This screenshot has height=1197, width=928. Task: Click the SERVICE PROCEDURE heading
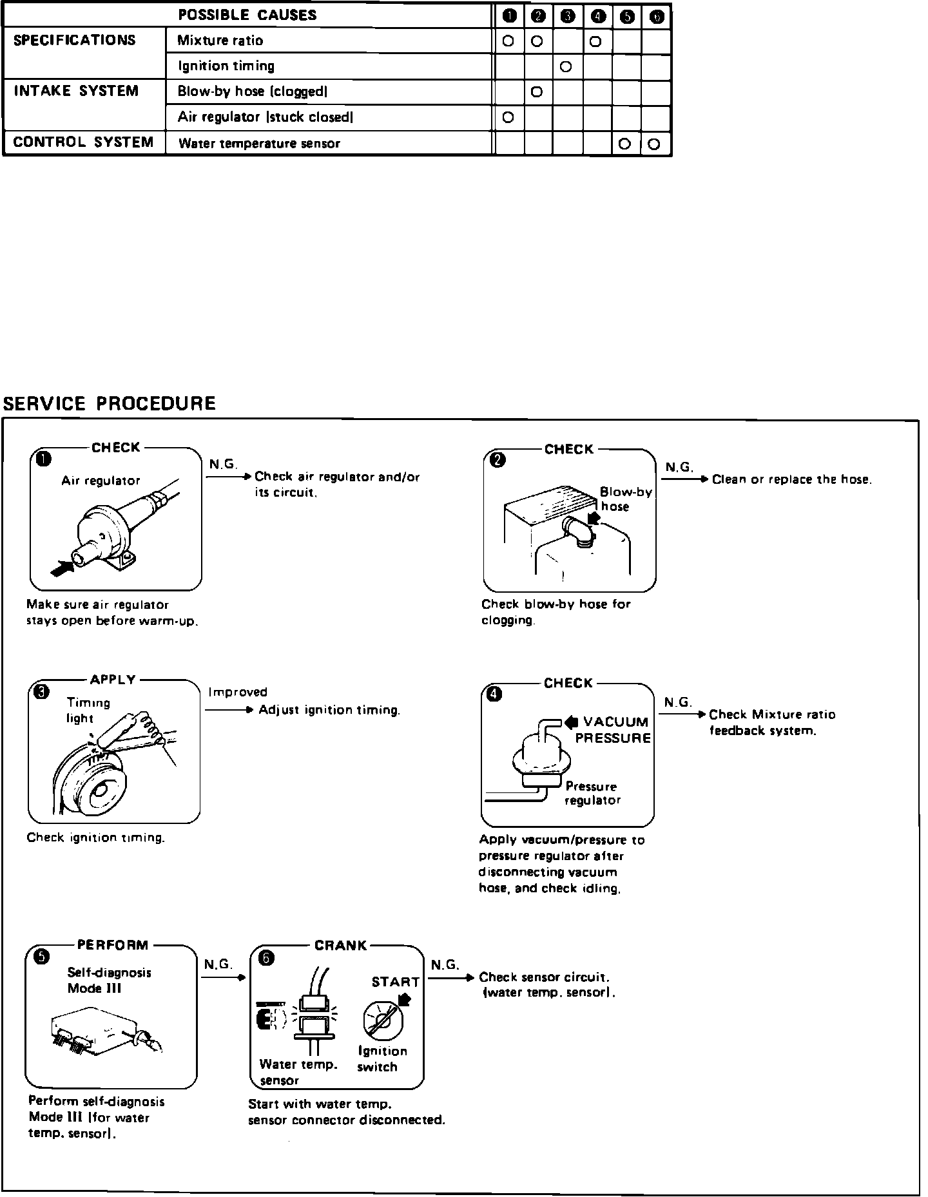110,404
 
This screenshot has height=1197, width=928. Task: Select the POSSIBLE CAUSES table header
247,15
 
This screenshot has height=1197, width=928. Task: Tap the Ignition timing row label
226,66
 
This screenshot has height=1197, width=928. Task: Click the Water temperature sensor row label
258,144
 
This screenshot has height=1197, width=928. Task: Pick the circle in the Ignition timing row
566,66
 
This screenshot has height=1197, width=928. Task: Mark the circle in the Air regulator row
508,117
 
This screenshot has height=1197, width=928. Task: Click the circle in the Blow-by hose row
537,92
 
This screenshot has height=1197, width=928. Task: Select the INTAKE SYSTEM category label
76,91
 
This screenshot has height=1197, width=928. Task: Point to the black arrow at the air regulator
60,568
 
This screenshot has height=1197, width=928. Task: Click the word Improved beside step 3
238,692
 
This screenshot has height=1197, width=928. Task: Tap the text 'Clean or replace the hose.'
791,479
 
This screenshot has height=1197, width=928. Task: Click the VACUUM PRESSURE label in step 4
612,730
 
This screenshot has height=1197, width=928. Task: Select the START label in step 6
395,982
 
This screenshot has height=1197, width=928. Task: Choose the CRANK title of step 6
340,946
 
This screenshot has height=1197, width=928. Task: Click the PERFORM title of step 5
113,945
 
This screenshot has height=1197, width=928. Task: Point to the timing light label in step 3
88,710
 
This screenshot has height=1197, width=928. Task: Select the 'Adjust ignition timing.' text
329,710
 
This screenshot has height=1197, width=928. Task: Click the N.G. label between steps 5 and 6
218,964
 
